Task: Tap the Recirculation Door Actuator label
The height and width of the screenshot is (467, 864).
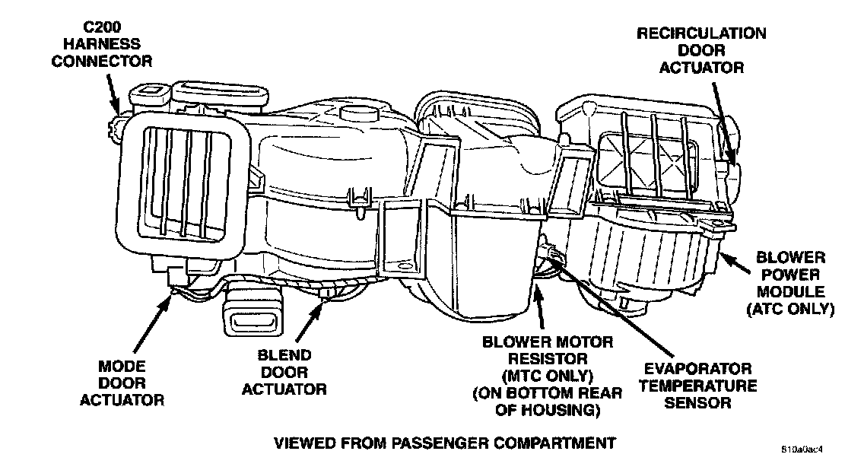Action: tap(701, 50)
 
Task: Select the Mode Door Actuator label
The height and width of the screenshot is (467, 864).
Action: tap(121, 383)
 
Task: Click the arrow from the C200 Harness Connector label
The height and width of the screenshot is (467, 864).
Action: tap(113, 95)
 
